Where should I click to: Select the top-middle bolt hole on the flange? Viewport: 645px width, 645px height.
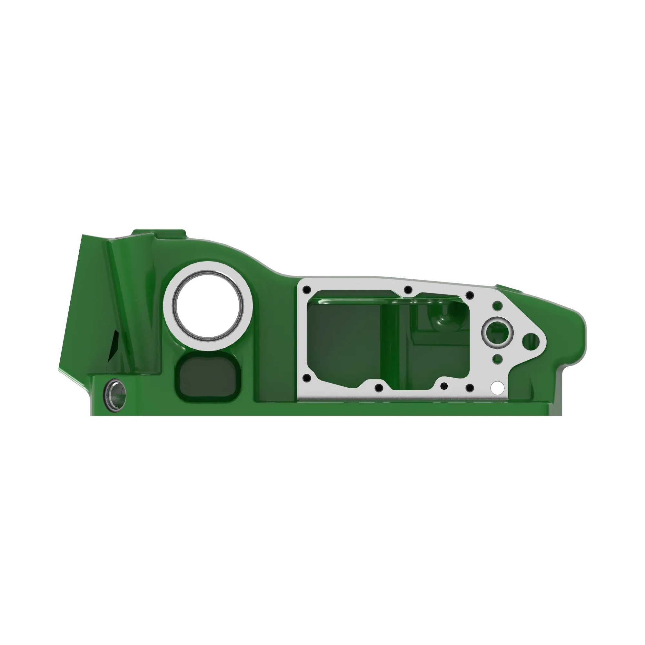coord(408,290)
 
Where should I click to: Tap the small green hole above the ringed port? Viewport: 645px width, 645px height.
coord(497,305)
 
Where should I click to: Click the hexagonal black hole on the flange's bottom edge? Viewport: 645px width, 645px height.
coord(444,386)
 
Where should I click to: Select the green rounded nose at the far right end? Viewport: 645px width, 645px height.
coord(576,337)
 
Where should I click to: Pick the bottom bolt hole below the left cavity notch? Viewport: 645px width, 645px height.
coord(379,388)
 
